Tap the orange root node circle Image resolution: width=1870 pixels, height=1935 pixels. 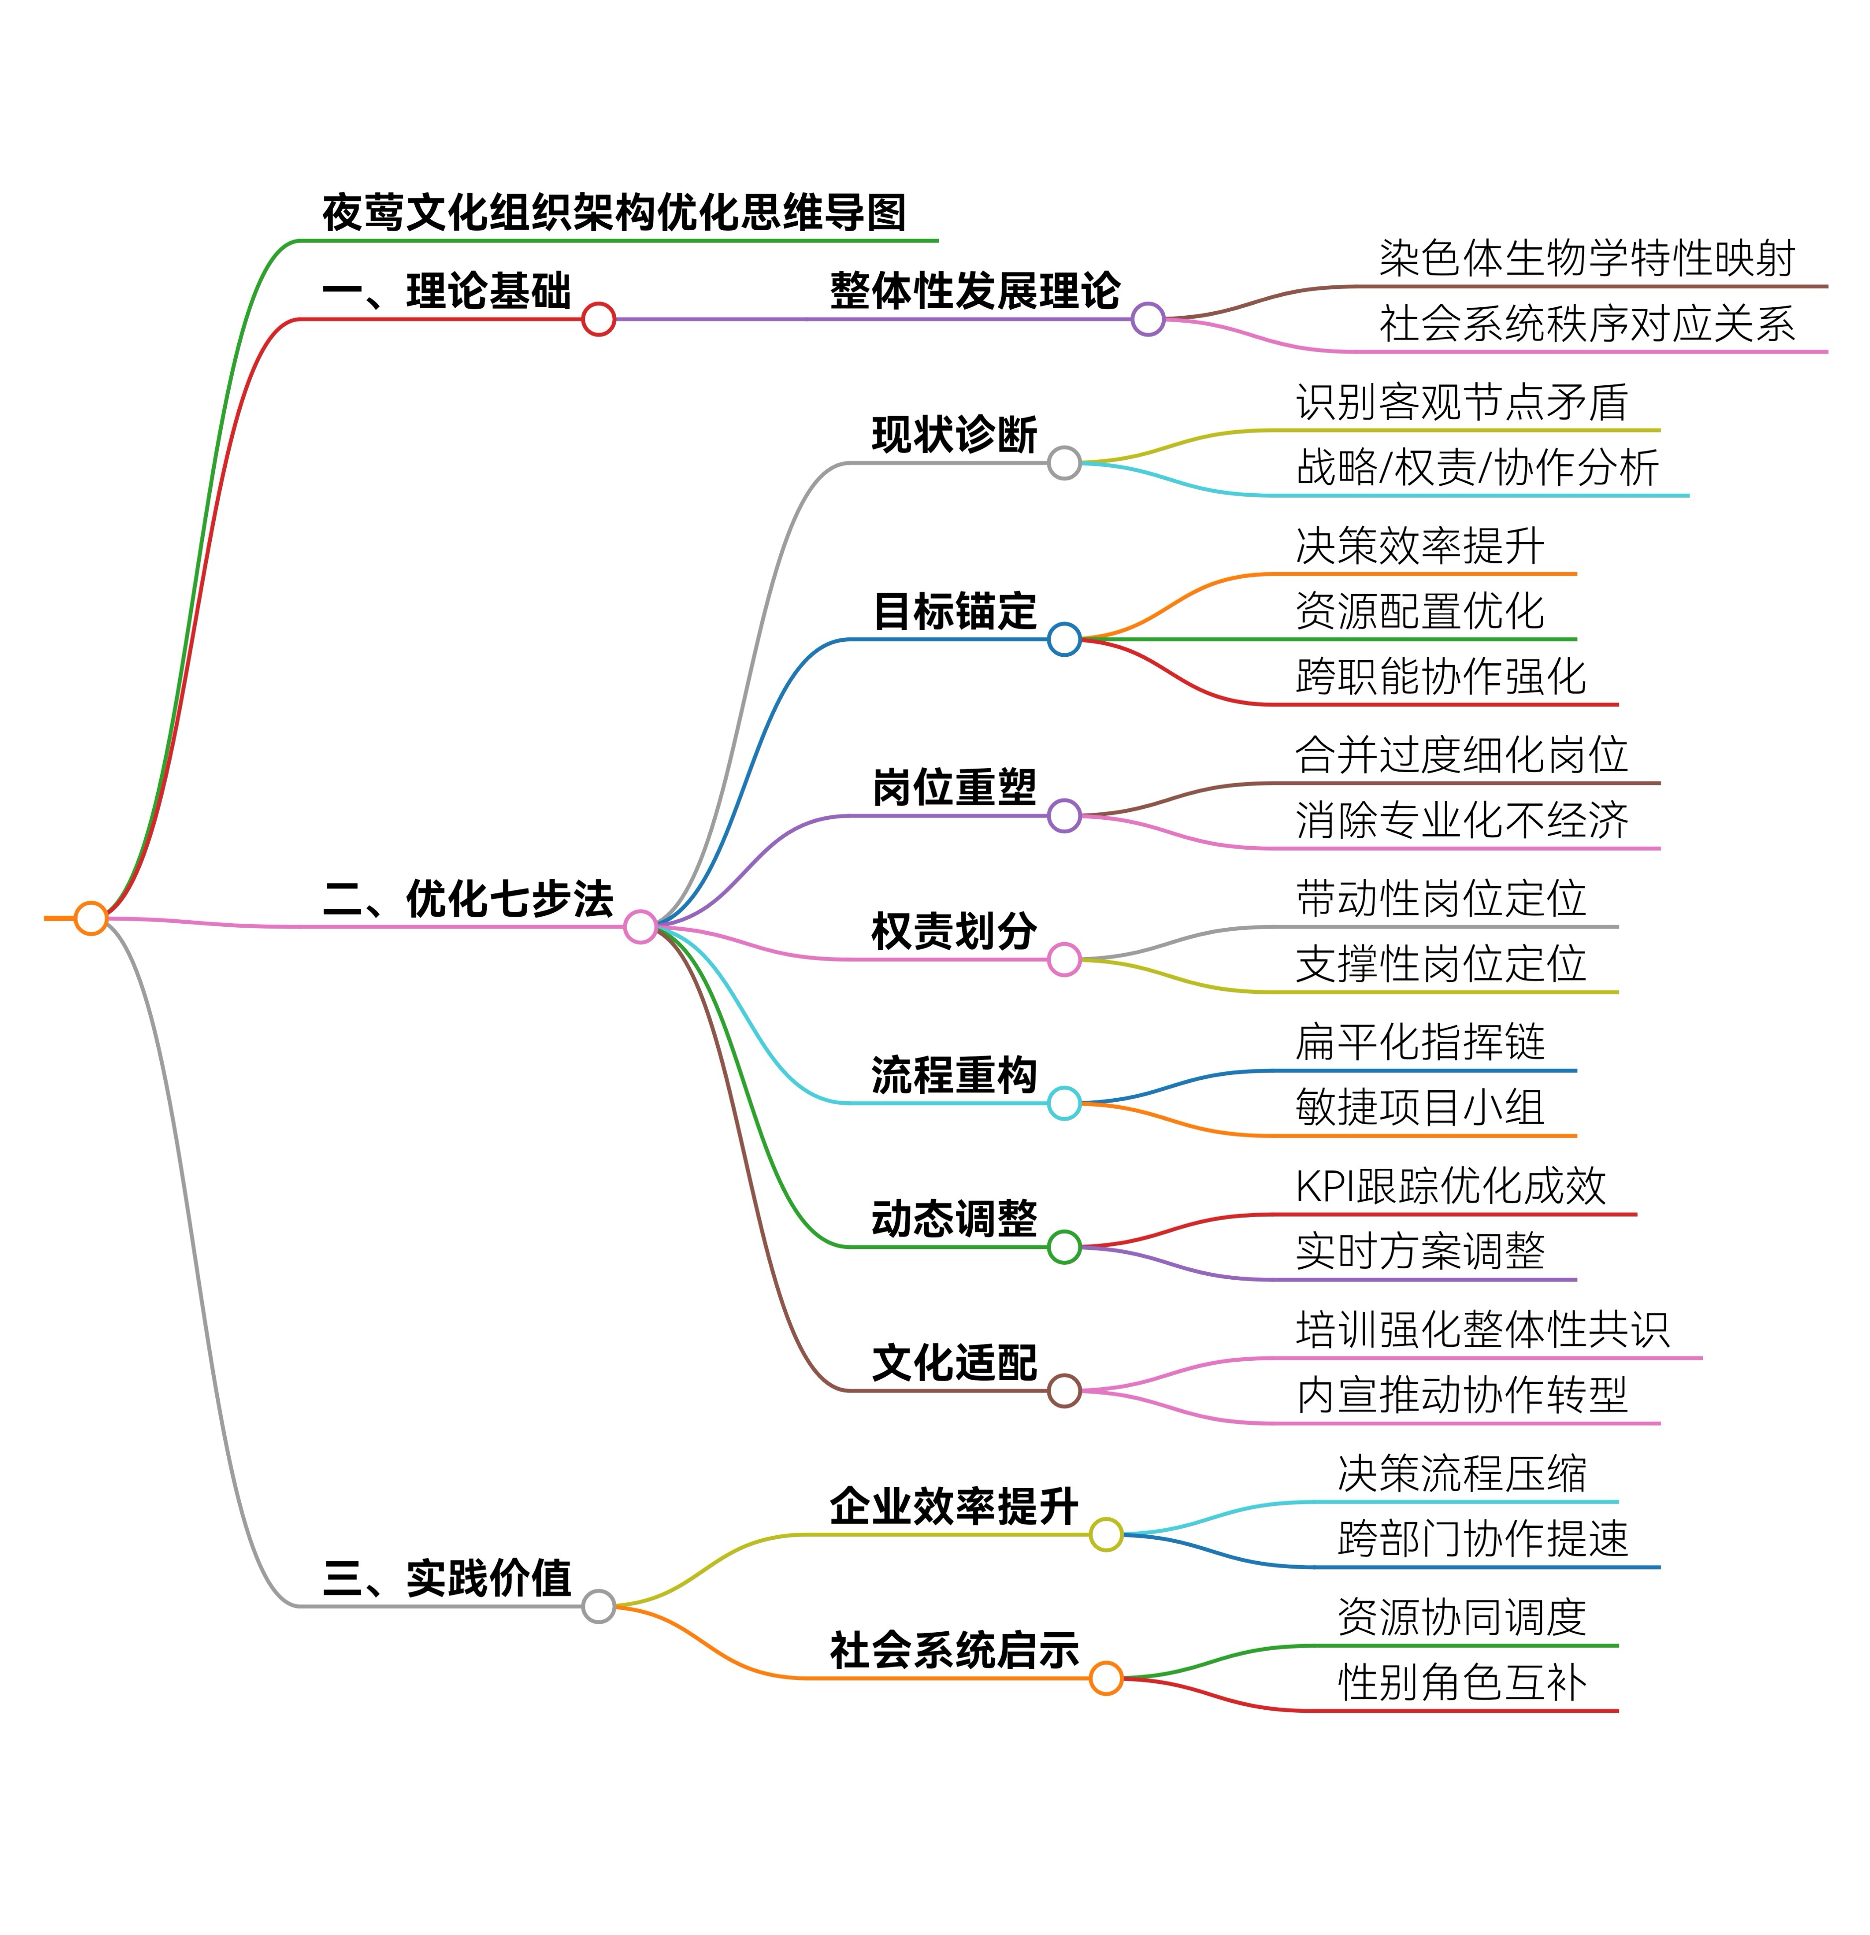(x=91, y=918)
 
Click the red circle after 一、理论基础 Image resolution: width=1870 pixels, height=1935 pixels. (x=598, y=319)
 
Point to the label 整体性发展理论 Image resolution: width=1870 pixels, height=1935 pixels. (x=974, y=291)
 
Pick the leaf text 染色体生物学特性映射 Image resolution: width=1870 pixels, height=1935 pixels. (x=1587, y=259)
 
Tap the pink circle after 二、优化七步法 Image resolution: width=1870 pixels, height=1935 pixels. (x=640, y=926)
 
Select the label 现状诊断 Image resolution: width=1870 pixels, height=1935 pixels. (x=954, y=436)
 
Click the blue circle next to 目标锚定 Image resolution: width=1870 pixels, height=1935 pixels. (x=1063, y=639)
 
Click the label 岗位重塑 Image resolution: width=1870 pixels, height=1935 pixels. (x=954, y=788)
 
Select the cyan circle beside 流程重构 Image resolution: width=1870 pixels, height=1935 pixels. (x=1063, y=1103)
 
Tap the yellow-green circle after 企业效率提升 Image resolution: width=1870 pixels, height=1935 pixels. (x=1106, y=1534)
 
